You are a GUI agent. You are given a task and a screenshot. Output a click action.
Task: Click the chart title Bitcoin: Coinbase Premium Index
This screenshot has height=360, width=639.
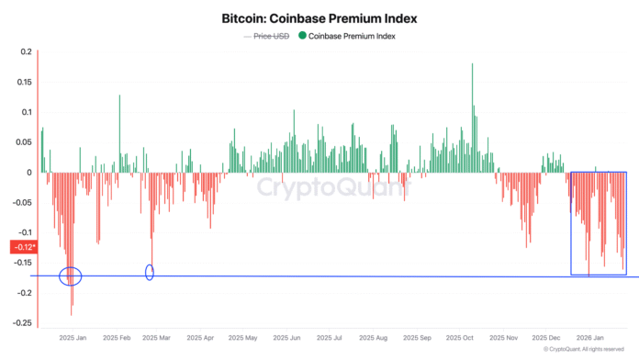point(319,17)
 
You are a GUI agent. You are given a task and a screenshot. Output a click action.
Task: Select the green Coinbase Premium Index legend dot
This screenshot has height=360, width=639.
point(302,36)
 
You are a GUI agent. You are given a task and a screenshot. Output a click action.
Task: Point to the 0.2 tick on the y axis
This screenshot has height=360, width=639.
point(26,51)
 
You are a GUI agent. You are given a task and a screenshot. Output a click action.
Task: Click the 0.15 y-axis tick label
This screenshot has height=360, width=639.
point(24,82)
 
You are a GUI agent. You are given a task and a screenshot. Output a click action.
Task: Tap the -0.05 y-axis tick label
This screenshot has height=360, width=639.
point(22,202)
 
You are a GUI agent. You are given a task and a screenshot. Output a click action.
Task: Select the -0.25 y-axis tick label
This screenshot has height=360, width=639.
point(22,322)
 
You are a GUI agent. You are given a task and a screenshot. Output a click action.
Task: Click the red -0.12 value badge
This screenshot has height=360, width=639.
point(23,246)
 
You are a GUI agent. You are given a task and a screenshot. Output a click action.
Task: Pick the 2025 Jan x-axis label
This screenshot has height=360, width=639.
point(72,338)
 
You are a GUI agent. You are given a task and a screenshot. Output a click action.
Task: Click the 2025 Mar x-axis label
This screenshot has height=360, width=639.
point(157,338)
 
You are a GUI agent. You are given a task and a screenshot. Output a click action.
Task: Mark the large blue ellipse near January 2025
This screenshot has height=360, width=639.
point(71,275)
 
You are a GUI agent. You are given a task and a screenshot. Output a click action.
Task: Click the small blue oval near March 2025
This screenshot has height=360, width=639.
point(150,272)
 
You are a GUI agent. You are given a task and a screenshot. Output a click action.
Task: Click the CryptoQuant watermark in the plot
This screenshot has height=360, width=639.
point(319,189)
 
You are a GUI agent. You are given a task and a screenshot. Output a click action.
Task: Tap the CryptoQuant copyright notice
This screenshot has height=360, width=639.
point(585,350)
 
